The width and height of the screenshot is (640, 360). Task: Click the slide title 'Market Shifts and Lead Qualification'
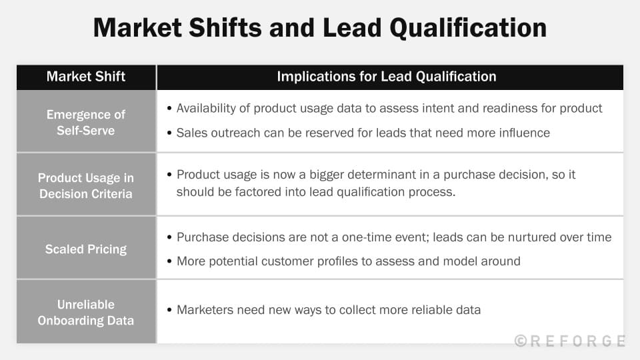[320, 28]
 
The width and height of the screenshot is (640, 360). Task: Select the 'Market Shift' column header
[86, 77]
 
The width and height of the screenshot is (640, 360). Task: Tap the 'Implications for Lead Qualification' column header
[386, 77]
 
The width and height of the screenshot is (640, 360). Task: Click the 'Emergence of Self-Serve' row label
[86, 123]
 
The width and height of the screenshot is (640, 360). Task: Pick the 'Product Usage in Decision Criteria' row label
[86, 186]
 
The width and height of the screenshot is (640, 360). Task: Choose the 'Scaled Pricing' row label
[86, 249]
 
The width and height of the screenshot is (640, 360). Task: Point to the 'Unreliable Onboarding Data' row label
[86, 313]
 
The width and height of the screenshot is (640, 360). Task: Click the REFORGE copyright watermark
[570, 341]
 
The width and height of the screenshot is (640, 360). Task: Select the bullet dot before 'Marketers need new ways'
[169, 310]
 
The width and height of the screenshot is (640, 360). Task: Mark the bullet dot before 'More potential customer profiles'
[169, 261]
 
